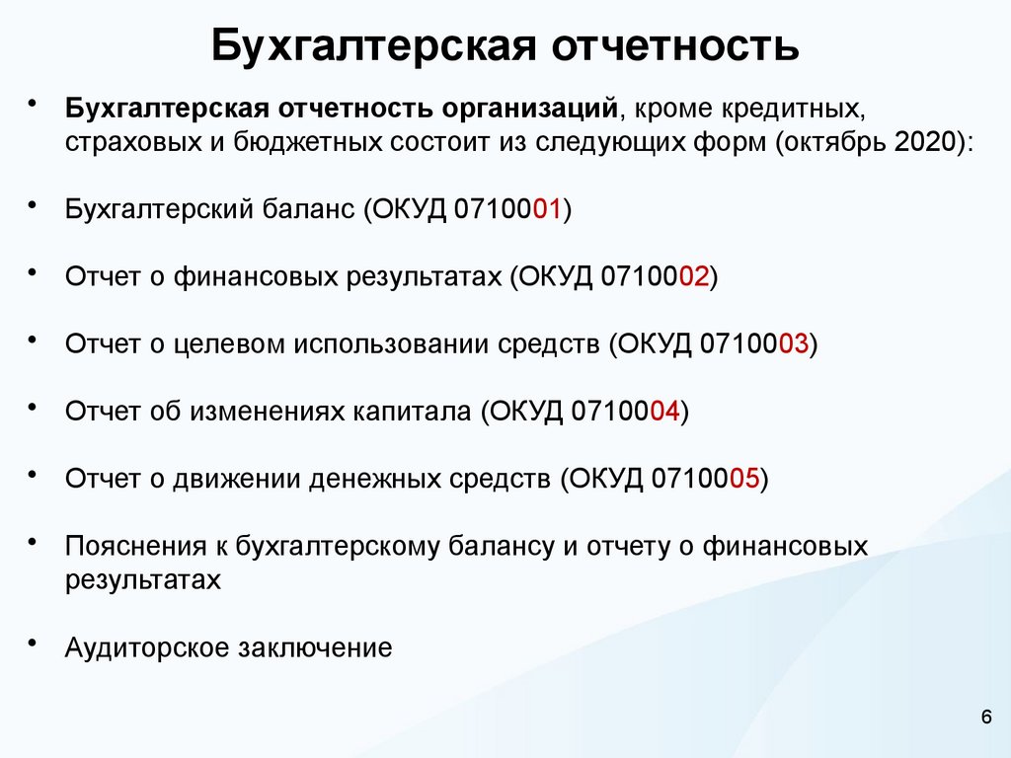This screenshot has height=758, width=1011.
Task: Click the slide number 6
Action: [986, 717]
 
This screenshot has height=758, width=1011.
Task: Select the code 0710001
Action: [508, 209]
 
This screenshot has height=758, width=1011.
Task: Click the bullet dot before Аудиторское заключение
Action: [34, 643]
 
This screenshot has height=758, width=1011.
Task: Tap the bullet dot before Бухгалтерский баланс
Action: [34, 204]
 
